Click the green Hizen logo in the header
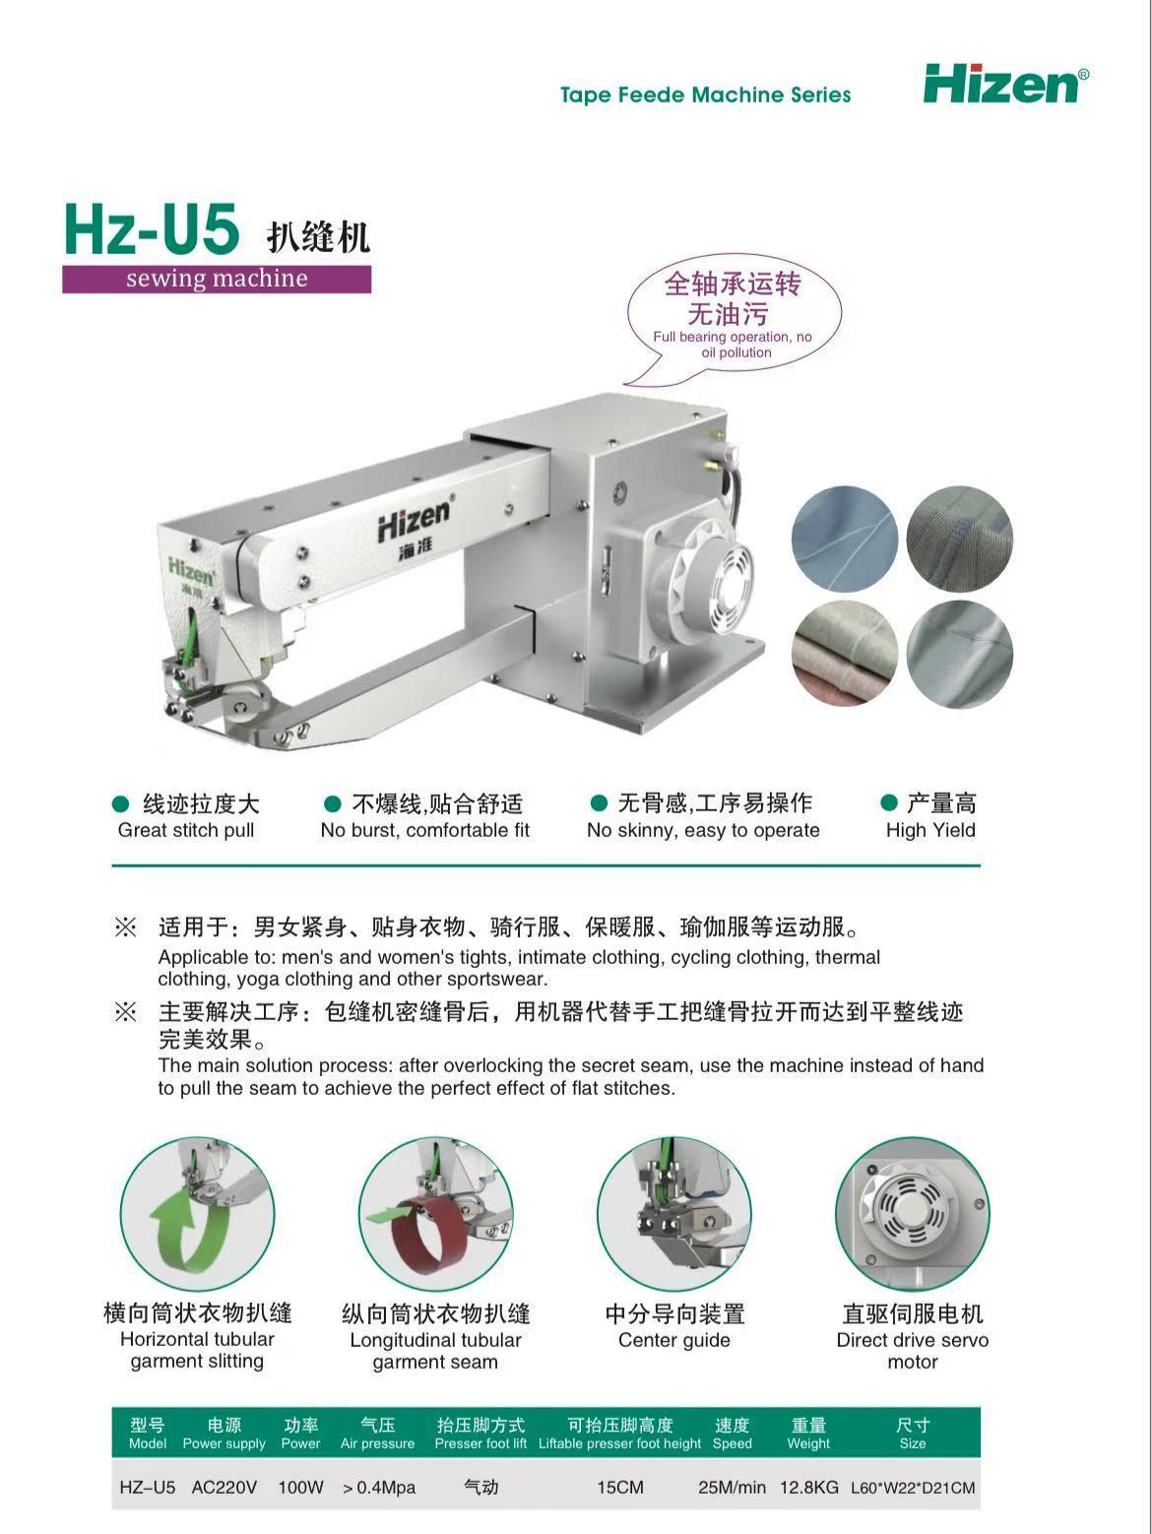coord(1004,85)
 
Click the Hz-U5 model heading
coord(153,229)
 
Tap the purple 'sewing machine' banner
coord(217,279)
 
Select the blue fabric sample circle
coord(845,539)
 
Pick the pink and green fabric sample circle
coord(845,654)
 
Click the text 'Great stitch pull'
coord(186,830)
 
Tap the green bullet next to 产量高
coord(889,803)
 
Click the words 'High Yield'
coord(930,830)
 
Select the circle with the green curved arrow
coord(198,1214)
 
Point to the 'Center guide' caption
coord(674,1340)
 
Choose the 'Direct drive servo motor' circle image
coord(913,1214)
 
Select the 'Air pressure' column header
coord(378,1443)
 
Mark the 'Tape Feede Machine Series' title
coord(706,96)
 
